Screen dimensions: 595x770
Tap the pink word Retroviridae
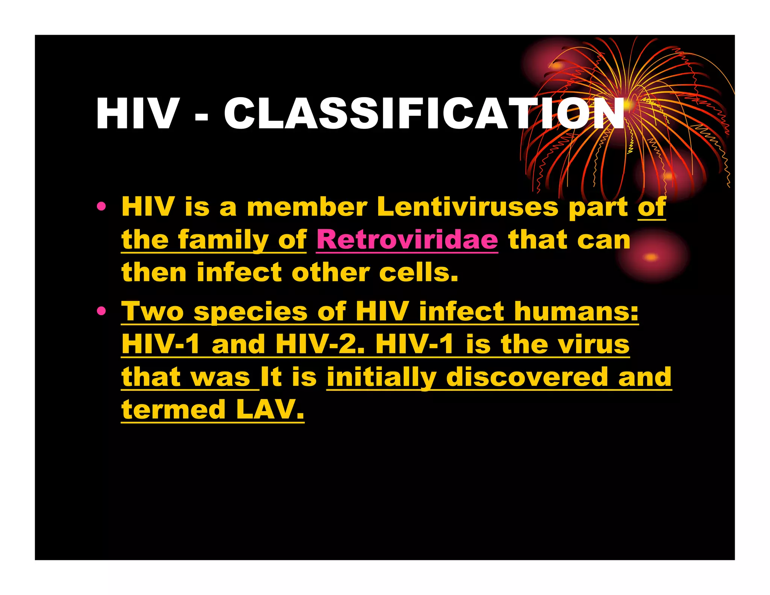click(x=407, y=240)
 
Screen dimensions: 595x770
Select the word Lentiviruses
click(x=468, y=207)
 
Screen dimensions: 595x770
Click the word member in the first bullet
click(x=307, y=207)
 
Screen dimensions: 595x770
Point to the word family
click(x=223, y=240)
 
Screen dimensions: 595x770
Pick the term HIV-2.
click(x=320, y=344)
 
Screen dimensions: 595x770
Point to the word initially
click(x=382, y=377)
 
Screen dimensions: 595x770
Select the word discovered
click(x=527, y=377)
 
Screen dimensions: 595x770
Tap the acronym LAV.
click(x=270, y=410)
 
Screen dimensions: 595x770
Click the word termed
click(x=173, y=410)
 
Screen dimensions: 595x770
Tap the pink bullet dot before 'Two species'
click(x=101, y=311)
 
